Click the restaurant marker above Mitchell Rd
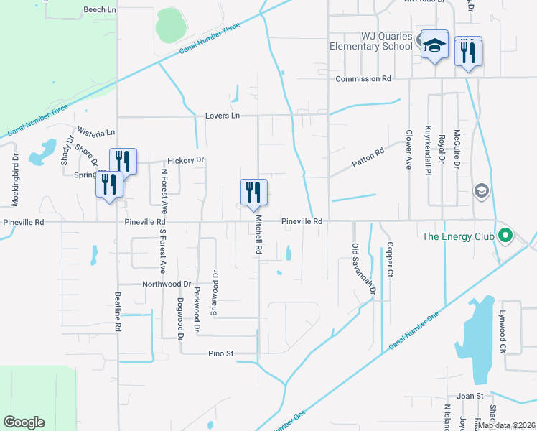tap(253, 193)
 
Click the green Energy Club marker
tap(505, 234)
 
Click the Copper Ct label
tap(390, 259)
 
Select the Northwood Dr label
tap(167, 284)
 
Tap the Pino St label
tap(221, 353)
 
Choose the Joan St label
tap(471, 396)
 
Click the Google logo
tap(24, 422)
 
